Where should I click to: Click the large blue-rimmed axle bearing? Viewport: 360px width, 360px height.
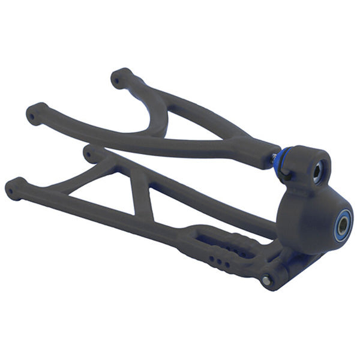point(342,226)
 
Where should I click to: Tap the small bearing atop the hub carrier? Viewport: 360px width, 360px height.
point(317,171)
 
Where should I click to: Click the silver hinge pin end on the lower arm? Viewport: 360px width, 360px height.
point(265,281)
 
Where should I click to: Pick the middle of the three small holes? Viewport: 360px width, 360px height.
point(219,262)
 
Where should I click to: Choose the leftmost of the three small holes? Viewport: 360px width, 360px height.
point(211,259)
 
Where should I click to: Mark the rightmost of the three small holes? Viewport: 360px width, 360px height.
point(227,265)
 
